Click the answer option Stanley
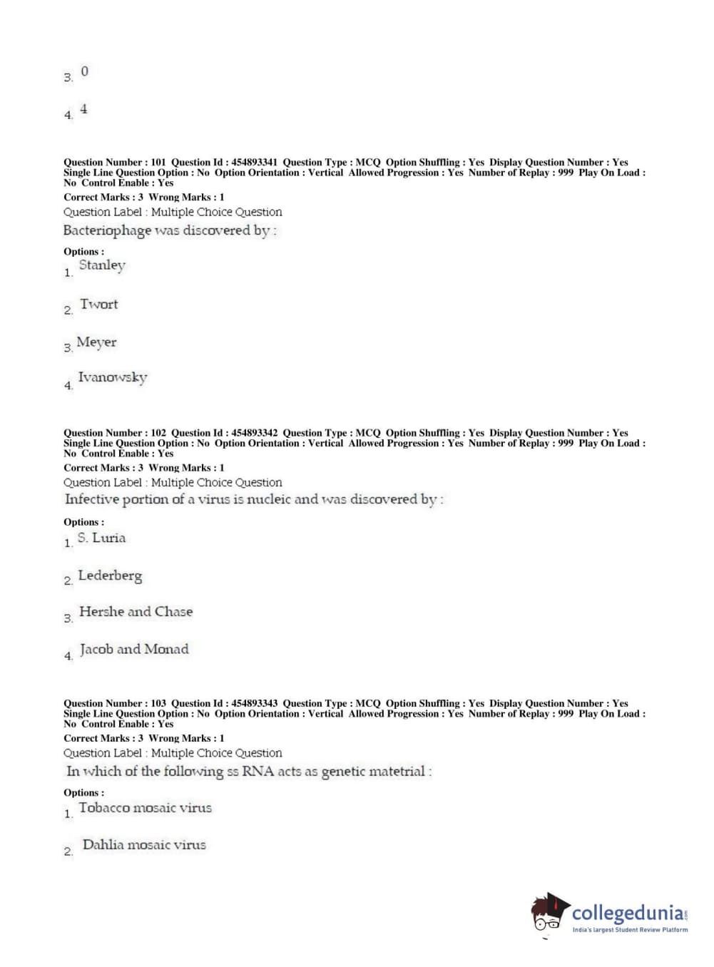tap(102, 265)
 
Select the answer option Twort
tap(98, 305)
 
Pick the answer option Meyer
tap(96, 342)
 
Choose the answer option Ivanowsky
tap(112, 377)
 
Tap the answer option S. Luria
tap(101, 538)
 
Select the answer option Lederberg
tap(110, 575)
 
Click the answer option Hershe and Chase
tap(136, 612)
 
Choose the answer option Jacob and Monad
tap(134, 650)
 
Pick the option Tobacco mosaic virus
tap(145, 808)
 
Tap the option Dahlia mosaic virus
tap(144, 845)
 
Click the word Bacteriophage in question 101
tap(107, 231)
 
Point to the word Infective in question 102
tap(91, 499)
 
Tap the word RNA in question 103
tap(257, 771)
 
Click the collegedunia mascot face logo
tap(549, 912)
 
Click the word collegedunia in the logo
tap(627, 913)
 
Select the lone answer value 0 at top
tap(85, 71)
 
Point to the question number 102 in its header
tap(158, 433)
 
